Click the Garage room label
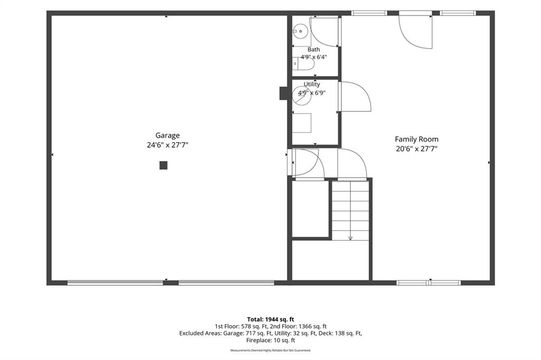pos(167,136)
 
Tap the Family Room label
pos(416,139)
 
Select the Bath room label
pos(314,50)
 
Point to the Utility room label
pos(312,84)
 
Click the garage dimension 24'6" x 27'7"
pos(167,145)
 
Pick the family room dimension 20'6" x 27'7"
pos(416,149)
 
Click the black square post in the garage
pos(164,166)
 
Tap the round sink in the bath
pos(301,31)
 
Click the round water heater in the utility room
pos(302,95)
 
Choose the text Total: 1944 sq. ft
pos(270,319)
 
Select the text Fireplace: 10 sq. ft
pos(270,340)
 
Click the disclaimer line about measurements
pos(270,350)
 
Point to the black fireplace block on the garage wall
pos(284,93)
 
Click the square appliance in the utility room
pos(302,123)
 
